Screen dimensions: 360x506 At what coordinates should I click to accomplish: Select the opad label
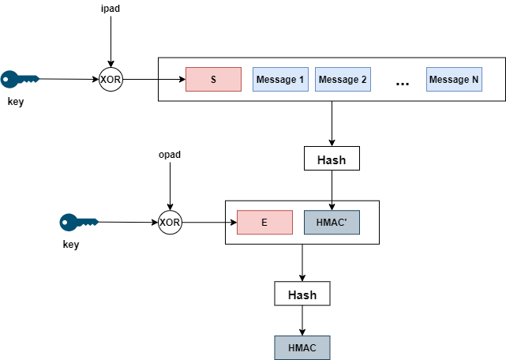[170, 154]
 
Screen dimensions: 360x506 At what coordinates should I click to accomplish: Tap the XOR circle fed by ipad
[111, 80]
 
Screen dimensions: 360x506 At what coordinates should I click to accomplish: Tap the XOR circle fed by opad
[170, 223]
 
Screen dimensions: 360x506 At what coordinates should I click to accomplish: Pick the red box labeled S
[213, 80]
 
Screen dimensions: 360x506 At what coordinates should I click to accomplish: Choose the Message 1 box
[279, 80]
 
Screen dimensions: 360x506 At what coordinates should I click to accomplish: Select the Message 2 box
[343, 80]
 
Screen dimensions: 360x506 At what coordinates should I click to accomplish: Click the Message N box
[454, 80]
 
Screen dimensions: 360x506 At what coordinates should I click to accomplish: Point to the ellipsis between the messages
[403, 83]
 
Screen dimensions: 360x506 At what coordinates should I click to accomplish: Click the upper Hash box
[332, 159]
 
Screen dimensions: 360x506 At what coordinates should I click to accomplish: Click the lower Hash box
[302, 294]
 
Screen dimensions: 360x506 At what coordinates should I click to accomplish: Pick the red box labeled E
[264, 223]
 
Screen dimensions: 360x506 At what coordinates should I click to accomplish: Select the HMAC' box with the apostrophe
[332, 223]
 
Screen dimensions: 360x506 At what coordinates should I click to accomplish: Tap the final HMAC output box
[302, 347]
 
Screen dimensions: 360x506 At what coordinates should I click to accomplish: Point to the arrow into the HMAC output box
[302, 321]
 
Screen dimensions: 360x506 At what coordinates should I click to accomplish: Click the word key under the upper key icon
[15, 102]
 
